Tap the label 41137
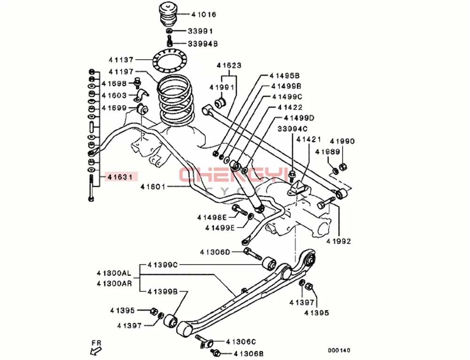pos(121,60)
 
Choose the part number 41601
pos(153,187)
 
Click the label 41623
pos(229,66)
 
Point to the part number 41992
pos(338,242)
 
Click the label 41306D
pos(215,252)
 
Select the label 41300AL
pos(114,273)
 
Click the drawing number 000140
pos(339,350)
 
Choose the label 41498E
pos(212,217)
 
